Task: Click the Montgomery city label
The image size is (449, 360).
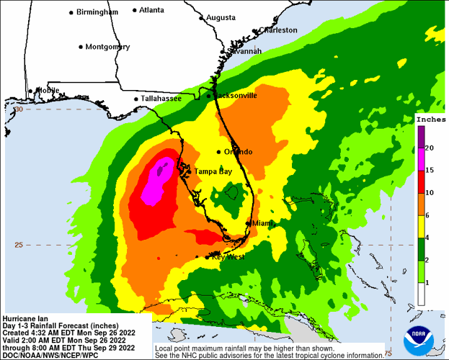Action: (x=107, y=47)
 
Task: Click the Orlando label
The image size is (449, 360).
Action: (x=238, y=152)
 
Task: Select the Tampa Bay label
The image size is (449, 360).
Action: (x=213, y=171)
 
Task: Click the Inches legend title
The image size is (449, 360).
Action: (x=430, y=119)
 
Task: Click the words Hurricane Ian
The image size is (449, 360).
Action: (x=27, y=318)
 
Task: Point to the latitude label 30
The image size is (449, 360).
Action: (x=19, y=109)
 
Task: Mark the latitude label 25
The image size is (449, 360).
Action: (x=19, y=245)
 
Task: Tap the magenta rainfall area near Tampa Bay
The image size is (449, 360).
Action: (x=155, y=184)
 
